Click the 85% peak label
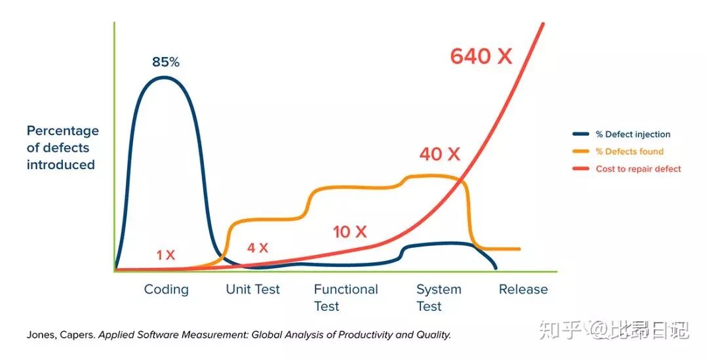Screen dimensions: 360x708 click(165, 62)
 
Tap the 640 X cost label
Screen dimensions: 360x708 click(481, 56)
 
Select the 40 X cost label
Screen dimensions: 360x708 click(440, 154)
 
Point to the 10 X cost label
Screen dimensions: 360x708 click(349, 231)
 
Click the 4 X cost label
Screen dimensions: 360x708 click(257, 248)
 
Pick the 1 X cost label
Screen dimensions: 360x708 click(166, 255)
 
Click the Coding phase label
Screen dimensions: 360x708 click(166, 289)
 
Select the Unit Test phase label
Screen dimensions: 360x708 click(252, 289)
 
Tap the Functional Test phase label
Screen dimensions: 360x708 click(345, 297)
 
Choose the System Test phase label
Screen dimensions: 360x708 click(439, 297)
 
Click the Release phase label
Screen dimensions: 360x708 click(523, 289)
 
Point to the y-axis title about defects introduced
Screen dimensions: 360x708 click(62, 148)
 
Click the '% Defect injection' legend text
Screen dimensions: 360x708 click(633, 134)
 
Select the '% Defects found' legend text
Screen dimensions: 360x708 click(629, 151)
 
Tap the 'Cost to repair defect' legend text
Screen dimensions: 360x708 click(638, 169)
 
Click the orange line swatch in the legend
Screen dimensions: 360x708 click(581, 151)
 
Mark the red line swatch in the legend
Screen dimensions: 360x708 click(581, 169)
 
